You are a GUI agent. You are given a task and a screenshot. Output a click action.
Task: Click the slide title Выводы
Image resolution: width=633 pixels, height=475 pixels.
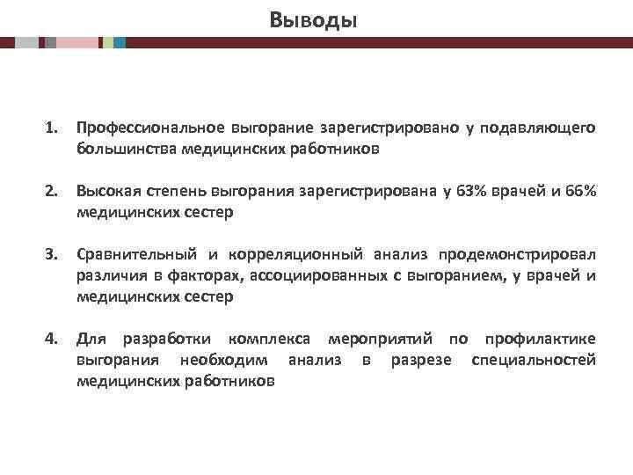point(315,18)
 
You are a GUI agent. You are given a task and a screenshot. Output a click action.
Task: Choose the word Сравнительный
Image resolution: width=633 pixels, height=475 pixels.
point(136,255)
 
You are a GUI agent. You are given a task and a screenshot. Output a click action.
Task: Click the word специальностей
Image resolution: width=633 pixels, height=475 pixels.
point(534,361)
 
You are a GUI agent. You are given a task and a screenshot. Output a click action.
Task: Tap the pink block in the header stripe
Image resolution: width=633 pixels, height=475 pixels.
point(77,41)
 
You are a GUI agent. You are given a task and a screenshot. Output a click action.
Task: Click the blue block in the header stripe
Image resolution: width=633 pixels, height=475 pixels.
point(120,41)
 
